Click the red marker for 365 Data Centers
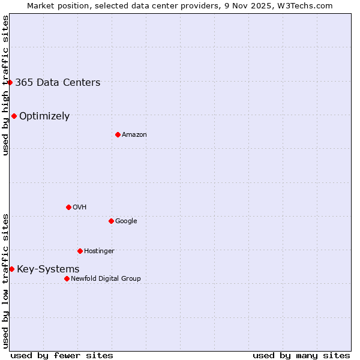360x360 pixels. click(10, 82)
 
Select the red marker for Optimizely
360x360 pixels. click(14, 116)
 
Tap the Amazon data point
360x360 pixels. click(118, 134)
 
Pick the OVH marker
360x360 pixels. click(68, 207)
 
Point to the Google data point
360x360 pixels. click(111, 221)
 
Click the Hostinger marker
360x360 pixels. click(80, 251)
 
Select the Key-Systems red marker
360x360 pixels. click(11, 269)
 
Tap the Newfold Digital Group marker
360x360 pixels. click(67, 278)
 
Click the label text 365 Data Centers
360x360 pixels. click(58, 83)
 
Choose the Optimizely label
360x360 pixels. click(44, 116)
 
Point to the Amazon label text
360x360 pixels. click(134, 135)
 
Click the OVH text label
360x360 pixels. click(80, 208)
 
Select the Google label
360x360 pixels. click(126, 221)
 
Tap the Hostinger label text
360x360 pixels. click(99, 251)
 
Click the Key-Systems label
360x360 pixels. click(48, 269)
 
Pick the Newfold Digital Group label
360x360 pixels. click(106, 279)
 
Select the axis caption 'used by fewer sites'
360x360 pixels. click(62, 355)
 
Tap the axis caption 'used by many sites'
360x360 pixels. click(301, 355)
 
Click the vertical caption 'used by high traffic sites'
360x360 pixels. click(5, 85)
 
